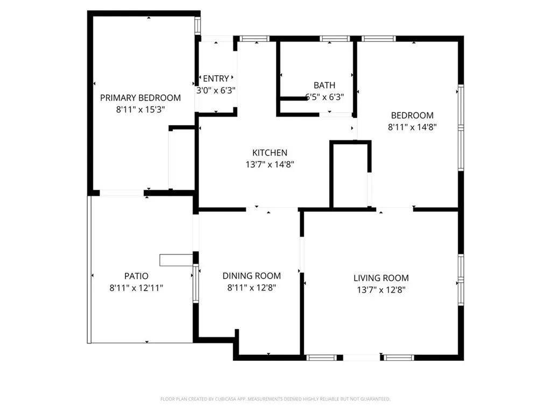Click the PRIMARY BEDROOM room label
tap(140, 98)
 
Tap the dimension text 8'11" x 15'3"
tap(140, 109)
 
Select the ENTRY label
tap(216, 79)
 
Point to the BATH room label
tap(324, 85)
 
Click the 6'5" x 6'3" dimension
tap(324, 97)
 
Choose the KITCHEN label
tap(270, 153)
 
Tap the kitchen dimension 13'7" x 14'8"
tap(270, 165)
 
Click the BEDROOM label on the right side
tap(412, 115)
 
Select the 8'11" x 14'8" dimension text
tap(412, 127)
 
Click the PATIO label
tap(136, 276)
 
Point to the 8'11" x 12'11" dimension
tap(136, 288)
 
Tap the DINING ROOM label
tap(252, 276)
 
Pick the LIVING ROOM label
tap(381, 278)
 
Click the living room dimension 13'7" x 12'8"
tap(381, 290)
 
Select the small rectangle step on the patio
tap(176, 260)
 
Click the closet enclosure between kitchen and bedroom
tap(350, 175)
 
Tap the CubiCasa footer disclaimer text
tap(275, 399)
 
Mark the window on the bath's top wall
tap(334, 38)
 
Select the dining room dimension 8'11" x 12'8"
tap(252, 288)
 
